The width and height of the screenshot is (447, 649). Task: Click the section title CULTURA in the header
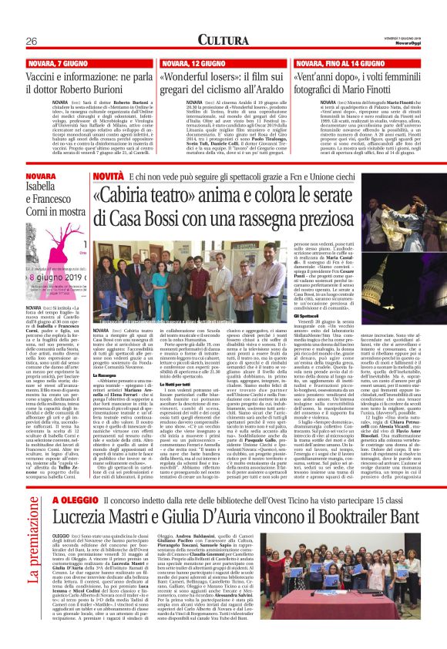pyautogui.click(x=223, y=39)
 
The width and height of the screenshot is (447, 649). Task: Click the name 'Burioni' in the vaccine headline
pyautogui.click(x=129, y=90)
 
